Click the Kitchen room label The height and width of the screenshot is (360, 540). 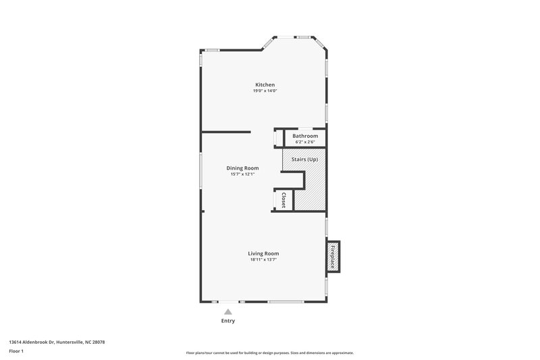point(265,84)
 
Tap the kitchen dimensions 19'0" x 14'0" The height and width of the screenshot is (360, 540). point(265,91)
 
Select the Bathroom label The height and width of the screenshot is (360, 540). point(305,136)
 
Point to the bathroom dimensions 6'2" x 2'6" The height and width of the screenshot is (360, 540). point(305,142)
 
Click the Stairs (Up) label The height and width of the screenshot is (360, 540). point(304,159)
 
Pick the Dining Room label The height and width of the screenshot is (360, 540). point(242,168)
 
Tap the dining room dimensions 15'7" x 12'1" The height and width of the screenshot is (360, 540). point(242,174)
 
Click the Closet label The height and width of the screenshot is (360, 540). point(283,200)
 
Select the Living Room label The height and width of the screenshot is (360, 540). point(263,253)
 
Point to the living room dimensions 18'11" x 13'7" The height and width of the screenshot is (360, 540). point(263,259)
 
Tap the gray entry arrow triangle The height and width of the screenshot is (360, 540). point(228,311)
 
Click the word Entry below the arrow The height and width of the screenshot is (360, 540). point(228,321)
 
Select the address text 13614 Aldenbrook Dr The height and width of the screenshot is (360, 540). point(32,342)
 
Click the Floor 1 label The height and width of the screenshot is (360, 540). point(17,352)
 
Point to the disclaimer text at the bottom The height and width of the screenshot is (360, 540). point(270,353)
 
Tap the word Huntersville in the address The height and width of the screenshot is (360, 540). point(69,342)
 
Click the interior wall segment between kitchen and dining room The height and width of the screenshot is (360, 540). point(226,132)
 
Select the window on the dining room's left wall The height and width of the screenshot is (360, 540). point(200,172)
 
